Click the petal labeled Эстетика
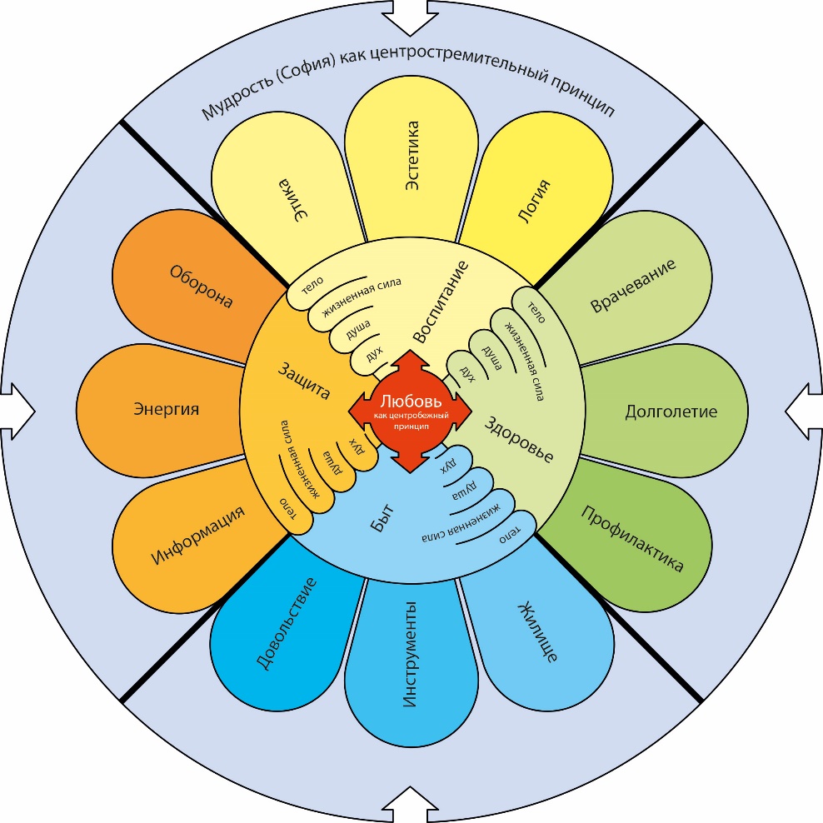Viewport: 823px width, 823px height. [411, 158]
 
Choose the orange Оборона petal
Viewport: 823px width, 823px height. [200, 287]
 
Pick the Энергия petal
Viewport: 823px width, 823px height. [167, 410]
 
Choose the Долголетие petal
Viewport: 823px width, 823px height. [671, 411]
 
